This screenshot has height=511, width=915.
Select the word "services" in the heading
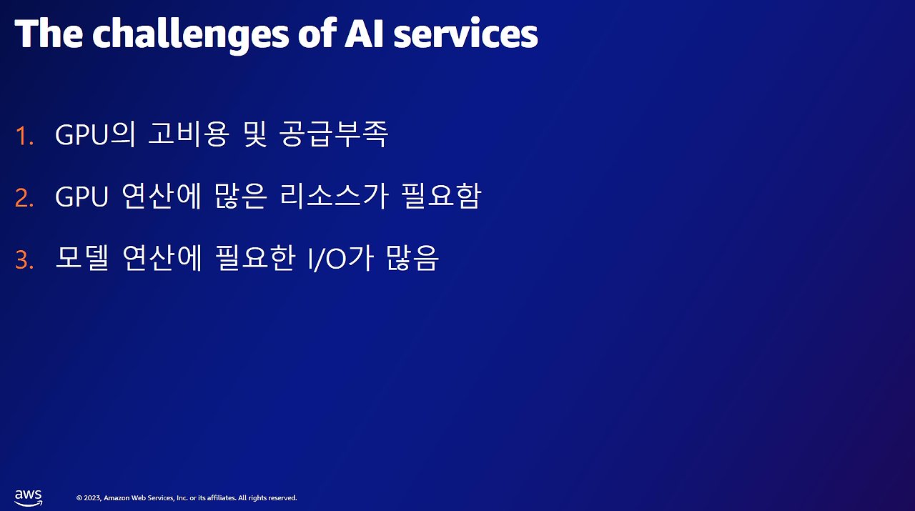pos(465,34)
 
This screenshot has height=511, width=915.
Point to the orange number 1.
pos(24,136)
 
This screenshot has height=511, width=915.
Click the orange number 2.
pos(24,198)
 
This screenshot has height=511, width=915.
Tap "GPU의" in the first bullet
pos(95,134)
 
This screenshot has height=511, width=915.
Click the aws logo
pos(28,497)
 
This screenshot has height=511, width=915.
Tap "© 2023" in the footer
pos(88,498)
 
